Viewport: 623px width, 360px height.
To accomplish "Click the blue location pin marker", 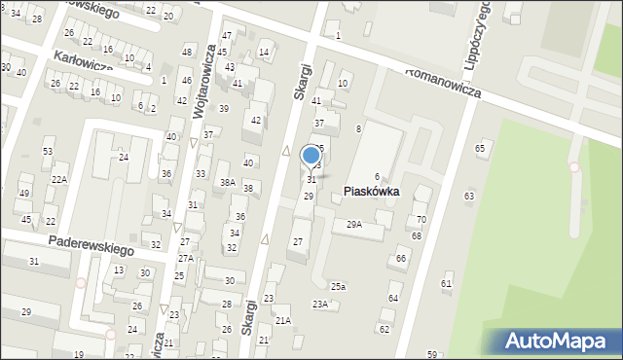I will (311, 155).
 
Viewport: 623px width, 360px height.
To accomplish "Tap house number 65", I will (480, 147).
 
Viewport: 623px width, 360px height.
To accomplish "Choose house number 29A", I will (354, 224).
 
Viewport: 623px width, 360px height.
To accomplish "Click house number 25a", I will (338, 286).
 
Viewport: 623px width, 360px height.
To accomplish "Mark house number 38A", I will (228, 182).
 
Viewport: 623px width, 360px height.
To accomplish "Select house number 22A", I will (59, 180).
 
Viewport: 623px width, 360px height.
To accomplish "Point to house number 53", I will (48, 152).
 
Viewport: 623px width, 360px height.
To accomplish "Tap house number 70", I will (421, 220).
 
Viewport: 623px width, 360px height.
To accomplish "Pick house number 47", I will (227, 36).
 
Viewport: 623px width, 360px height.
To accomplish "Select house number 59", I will (431, 354).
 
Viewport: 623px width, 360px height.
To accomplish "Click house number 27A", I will (185, 258).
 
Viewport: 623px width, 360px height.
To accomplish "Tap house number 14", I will (264, 53).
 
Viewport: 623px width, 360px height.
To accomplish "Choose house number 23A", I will (320, 305).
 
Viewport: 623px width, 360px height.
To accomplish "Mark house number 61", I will (447, 283).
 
